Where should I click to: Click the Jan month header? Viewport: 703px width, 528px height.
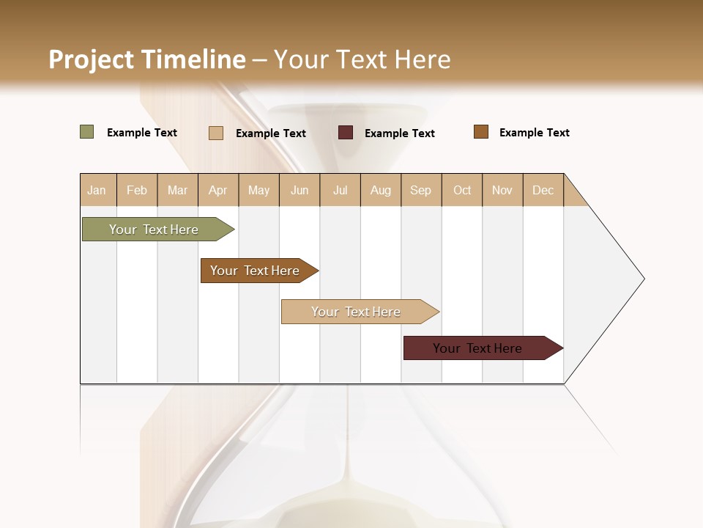click(97, 190)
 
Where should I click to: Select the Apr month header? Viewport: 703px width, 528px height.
click(217, 190)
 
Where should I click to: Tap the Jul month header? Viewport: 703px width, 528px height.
click(340, 190)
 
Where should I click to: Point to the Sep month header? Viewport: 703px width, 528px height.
click(420, 190)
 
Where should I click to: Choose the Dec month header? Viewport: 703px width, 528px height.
click(543, 190)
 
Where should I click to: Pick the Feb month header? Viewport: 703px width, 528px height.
click(137, 190)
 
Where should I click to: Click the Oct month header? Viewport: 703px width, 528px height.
click(462, 190)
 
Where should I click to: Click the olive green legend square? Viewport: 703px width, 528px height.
click(87, 132)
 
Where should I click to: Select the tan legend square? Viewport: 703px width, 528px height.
click(216, 133)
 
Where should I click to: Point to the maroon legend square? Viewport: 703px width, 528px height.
click(346, 133)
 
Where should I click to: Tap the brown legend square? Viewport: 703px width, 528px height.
click(481, 132)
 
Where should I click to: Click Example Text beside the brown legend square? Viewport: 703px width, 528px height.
click(534, 133)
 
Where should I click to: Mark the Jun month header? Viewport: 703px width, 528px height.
click(300, 190)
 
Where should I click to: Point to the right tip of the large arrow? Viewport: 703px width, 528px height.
click(643, 279)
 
